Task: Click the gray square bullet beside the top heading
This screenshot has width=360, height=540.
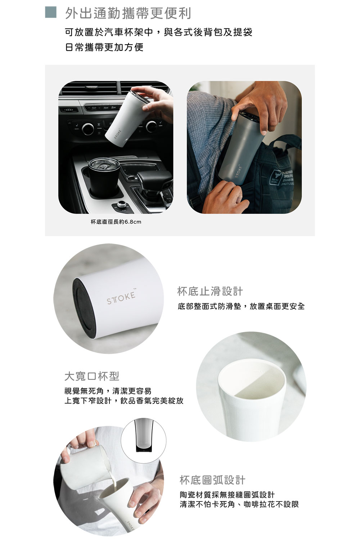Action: [x=51, y=12]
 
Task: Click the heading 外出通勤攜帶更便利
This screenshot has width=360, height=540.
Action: [x=128, y=13]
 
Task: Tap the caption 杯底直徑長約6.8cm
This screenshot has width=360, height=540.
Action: [x=116, y=221]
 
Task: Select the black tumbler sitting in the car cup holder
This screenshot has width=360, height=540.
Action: [x=101, y=176]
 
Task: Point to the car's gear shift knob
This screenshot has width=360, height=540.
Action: [x=154, y=180]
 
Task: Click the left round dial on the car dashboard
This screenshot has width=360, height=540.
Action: [x=88, y=129]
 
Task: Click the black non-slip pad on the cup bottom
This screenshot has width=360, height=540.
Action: [x=83, y=307]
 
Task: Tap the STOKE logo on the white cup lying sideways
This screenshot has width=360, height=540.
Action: [x=121, y=297]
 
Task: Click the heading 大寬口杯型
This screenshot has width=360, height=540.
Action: [x=92, y=376]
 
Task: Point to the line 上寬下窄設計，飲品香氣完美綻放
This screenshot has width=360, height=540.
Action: [x=124, y=401]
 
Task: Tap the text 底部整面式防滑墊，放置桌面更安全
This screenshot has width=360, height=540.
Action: [x=241, y=306]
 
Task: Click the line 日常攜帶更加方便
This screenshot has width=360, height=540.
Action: [x=104, y=47]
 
